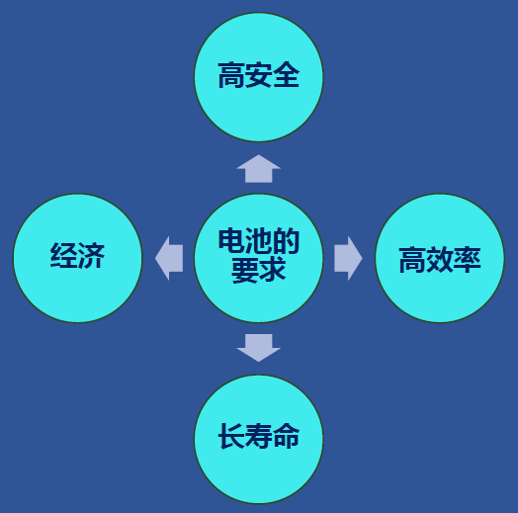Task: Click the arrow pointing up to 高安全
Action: click(x=259, y=169)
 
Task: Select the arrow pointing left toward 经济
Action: click(x=169, y=258)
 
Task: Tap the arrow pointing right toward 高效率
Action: click(x=348, y=258)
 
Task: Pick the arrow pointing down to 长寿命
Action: click(x=259, y=348)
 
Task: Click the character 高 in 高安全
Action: click(x=231, y=75)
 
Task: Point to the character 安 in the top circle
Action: click(x=259, y=75)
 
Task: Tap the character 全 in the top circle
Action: click(x=286, y=75)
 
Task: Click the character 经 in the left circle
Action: click(x=63, y=255)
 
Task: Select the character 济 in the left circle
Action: click(x=91, y=255)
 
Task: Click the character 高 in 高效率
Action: click(x=412, y=260)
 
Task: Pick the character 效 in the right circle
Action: click(x=440, y=260)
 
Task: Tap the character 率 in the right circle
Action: click(x=468, y=260)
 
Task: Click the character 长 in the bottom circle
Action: click(x=231, y=436)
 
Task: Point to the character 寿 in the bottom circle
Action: click(x=259, y=436)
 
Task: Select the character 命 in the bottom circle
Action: click(x=286, y=436)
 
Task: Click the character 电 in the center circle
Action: click(x=231, y=241)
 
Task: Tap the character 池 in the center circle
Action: click(x=259, y=241)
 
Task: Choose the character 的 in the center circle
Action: click(x=286, y=241)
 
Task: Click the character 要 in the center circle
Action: click(x=245, y=270)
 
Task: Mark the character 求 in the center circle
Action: click(x=273, y=270)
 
